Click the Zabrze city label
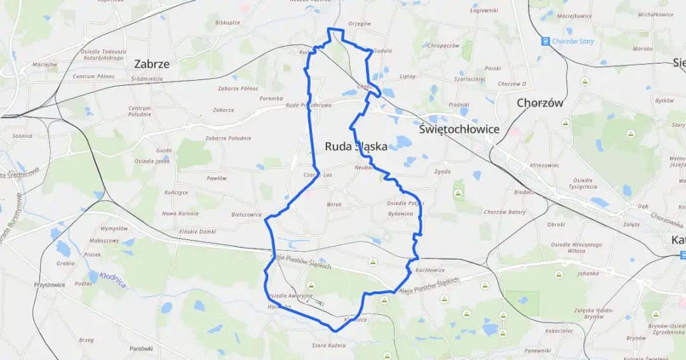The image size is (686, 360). tap(152, 64)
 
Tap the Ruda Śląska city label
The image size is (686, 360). tap(356, 147)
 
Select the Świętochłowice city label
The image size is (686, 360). tap(459, 130)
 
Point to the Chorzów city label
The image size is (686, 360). tap(540, 103)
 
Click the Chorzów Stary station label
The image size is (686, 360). tap(574, 41)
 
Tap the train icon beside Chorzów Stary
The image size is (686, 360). tap(545, 41)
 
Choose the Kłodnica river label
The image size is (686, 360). tap(112, 279)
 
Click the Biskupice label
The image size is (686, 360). tap(227, 22)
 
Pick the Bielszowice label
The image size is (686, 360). tap(246, 215)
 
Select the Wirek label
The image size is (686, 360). tap(334, 204)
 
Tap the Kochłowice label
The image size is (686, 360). tap(429, 270)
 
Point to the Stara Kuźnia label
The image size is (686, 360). tap(328, 345)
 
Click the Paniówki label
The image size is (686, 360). tap(141, 349)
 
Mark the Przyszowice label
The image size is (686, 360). tap(50, 285)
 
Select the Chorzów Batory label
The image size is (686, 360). tap(504, 212)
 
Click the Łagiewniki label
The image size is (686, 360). tap(484, 11)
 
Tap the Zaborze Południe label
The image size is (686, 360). tap(228, 138)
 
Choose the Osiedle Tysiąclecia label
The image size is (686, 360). tap(583, 183)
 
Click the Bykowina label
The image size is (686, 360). tap(400, 214)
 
